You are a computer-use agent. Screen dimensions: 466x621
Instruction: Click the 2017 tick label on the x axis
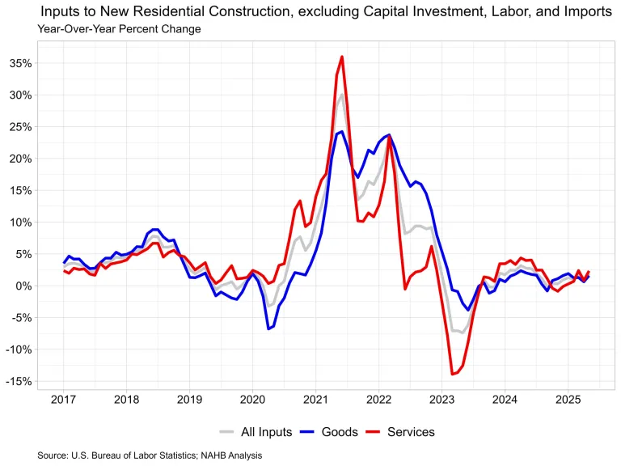pyautogui.click(x=64, y=400)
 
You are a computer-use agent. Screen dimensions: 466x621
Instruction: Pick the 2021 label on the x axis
pyautogui.click(x=315, y=400)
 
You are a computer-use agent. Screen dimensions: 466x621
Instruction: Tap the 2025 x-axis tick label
pyautogui.click(x=568, y=400)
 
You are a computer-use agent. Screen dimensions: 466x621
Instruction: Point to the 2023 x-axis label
pyautogui.click(x=441, y=400)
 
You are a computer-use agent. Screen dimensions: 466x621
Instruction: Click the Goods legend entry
pyautogui.click(x=339, y=432)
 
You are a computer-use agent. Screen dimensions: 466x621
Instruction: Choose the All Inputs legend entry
pyautogui.click(x=265, y=432)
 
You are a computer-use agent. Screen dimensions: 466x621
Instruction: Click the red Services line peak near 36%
pyautogui.click(x=342, y=57)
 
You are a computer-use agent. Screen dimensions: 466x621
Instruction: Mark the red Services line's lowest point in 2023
pyautogui.click(x=452, y=374)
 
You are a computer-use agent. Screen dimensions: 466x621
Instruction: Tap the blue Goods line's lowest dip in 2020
pyautogui.click(x=268, y=328)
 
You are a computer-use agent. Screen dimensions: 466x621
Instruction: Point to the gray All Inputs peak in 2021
pyautogui.click(x=341, y=95)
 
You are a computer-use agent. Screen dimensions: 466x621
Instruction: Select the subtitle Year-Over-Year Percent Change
pyautogui.click(x=119, y=29)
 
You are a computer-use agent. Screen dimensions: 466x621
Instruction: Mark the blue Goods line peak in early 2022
pyautogui.click(x=390, y=135)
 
